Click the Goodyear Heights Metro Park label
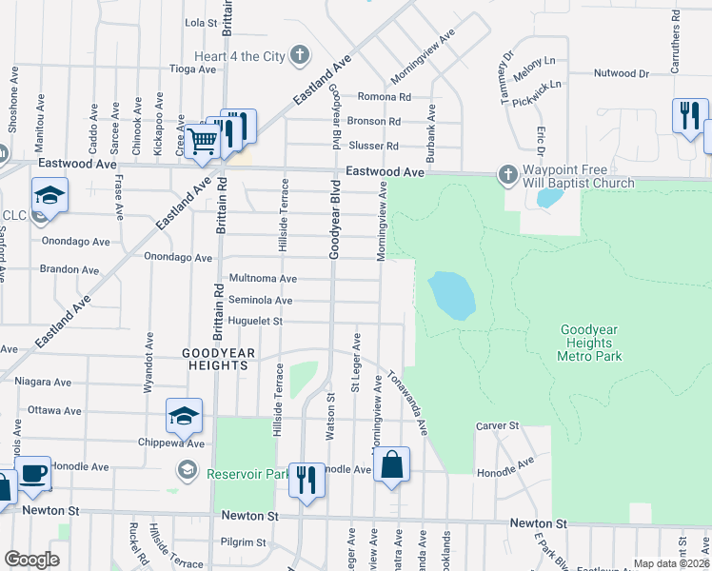coord(589,343)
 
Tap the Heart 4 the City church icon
coord(300,55)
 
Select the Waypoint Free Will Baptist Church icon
coord(505,174)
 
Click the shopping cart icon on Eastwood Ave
coord(202,141)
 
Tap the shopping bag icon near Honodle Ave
coord(390,464)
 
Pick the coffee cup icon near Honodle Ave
coord(34,472)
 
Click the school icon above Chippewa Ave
coord(184,415)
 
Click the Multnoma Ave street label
coord(262,279)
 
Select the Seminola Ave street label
coord(258,301)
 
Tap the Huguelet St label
coord(255,322)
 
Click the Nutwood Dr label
coord(621,73)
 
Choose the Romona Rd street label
coord(384,97)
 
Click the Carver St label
coord(496,425)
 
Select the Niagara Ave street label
coord(43,382)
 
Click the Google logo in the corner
coord(31,560)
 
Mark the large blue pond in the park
coord(451,295)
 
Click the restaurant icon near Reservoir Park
coord(306,478)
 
